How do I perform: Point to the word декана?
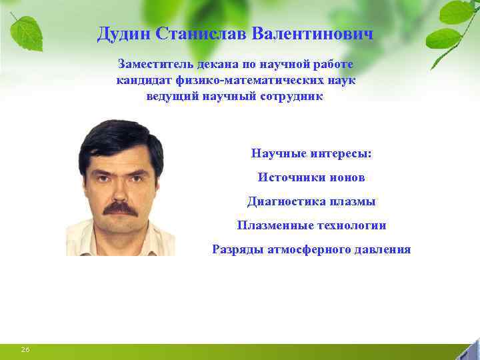[x=212, y=65]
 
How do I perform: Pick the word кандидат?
[x=145, y=81]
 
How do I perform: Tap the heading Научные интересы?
[x=311, y=153]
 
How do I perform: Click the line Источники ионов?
[x=311, y=177]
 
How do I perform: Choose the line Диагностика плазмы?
[x=311, y=201]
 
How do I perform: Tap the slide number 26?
[x=26, y=350]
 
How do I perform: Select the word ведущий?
[x=169, y=97]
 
